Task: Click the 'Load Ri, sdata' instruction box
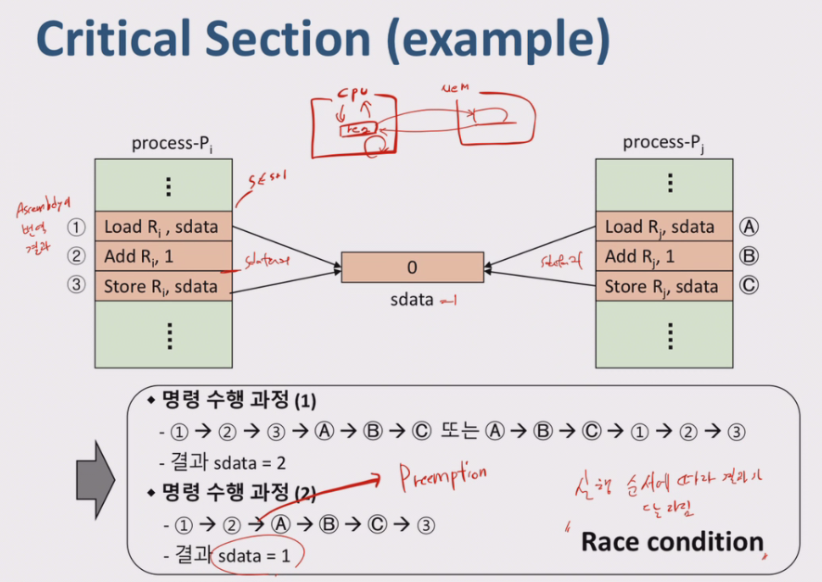click(x=162, y=226)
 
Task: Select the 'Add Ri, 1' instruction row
click(x=162, y=256)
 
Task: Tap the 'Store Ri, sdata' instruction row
click(x=162, y=286)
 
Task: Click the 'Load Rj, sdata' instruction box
click(x=660, y=226)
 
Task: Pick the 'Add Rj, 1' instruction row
click(x=660, y=256)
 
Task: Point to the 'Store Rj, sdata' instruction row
click(x=660, y=286)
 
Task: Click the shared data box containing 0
click(x=412, y=267)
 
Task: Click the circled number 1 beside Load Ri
click(x=76, y=226)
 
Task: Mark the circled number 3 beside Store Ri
click(x=76, y=286)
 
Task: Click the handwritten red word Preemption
click(x=443, y=477)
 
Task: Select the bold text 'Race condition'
click(x=672, y=542)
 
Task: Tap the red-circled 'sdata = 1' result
click(x=259, y=557)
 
